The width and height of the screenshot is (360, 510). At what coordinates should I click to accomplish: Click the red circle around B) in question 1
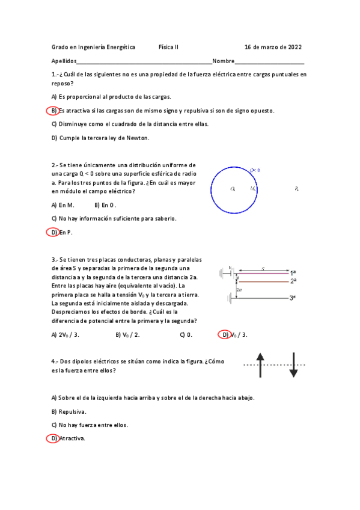(53, 111)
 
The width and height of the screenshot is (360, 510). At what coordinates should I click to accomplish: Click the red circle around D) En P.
(53, 232)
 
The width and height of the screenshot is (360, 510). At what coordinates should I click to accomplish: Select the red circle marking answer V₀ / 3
(225, 335)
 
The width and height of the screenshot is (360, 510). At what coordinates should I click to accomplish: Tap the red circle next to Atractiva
(53, 438)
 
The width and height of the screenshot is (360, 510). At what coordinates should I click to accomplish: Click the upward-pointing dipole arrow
(260, 365)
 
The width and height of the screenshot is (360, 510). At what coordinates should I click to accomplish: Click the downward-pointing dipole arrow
(293, 365)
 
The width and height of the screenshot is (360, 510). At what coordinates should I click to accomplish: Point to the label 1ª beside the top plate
(293, 272)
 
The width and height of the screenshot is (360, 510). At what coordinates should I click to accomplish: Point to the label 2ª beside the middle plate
(293, 281)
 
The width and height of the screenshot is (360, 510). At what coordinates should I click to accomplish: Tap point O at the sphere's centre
(233, 189)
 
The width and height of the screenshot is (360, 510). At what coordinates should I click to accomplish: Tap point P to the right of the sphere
(297, 189)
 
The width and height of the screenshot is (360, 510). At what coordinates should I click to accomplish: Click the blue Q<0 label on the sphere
(254, 170)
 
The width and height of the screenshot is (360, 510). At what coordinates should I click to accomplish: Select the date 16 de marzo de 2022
(273, 47)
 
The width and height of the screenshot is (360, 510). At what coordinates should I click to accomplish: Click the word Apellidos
(64, 61)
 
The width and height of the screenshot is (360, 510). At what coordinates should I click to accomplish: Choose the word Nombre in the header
(223, 61)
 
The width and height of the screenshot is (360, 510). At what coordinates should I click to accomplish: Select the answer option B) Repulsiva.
(69, 411)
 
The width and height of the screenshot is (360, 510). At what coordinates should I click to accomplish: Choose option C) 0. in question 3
(186, 335)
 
